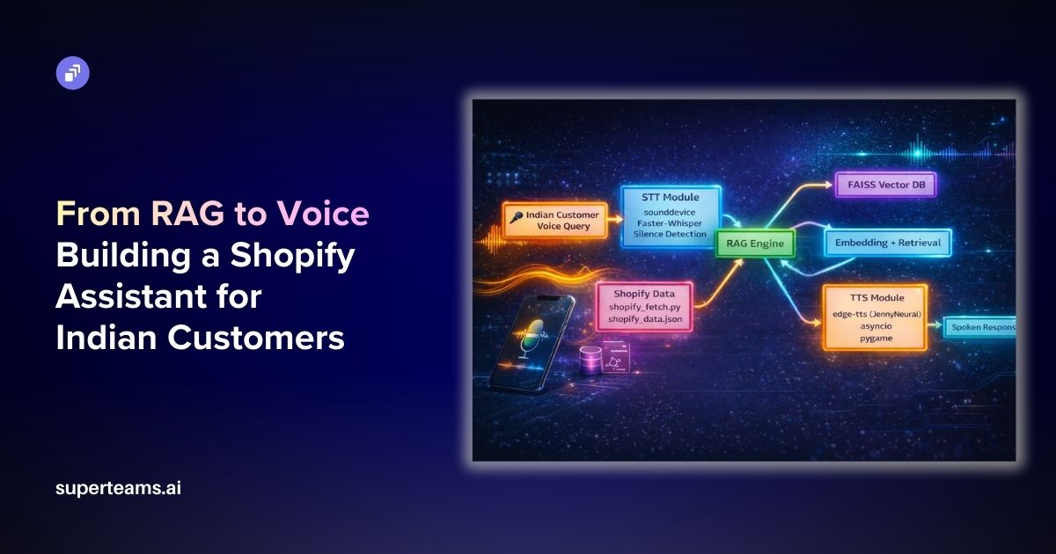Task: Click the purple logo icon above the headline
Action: (x=73, y=73)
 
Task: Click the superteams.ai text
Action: (x=118, y=488)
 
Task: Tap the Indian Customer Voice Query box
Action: (x=557, y=220)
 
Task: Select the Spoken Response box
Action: (x=980, y=327)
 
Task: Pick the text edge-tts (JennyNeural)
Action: (x=874, y=314)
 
